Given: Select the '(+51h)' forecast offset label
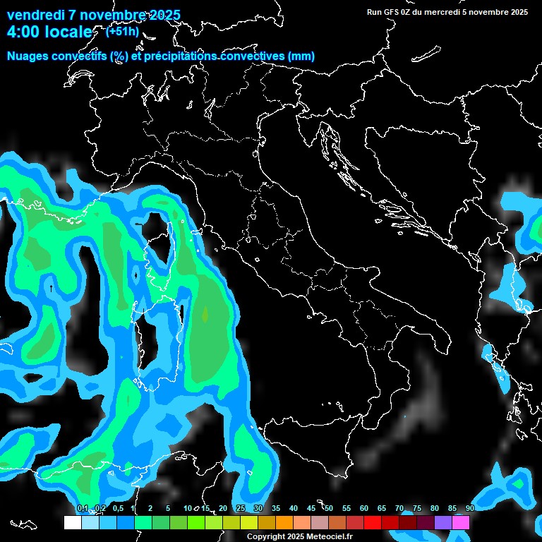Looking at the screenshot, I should coord(122,31).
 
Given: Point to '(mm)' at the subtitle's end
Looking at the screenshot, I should coord(301,56).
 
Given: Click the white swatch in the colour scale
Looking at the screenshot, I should coord(72,522).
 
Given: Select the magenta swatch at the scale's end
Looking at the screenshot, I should coord(461,522).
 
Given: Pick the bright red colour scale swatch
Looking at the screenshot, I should coord(373,522).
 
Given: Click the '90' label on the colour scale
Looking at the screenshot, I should coord(470,508).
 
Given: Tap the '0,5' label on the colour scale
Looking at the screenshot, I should coord(118,508).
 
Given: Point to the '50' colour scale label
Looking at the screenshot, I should coord(329,508).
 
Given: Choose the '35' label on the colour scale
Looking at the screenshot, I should coord(276,508).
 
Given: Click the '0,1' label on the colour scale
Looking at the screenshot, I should coord(83,508).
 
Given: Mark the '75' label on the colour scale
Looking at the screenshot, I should coord(417,508).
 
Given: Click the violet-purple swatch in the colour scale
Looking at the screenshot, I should coord(443,522).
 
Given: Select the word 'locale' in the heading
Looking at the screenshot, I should coord(68,32).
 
